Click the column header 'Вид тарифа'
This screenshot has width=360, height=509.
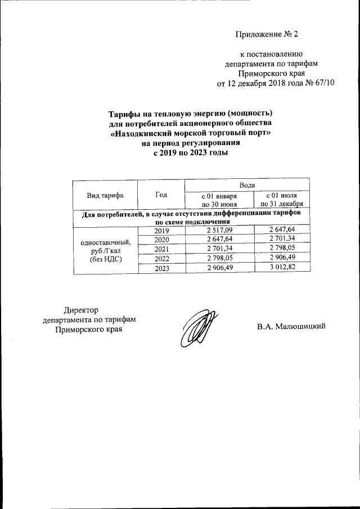click(105, 195)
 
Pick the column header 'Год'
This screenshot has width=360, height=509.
click(161, 195)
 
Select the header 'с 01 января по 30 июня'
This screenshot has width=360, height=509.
click(220, 200)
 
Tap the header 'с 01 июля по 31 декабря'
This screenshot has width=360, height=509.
click(282, 200)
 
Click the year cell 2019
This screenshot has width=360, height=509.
click(161, 231)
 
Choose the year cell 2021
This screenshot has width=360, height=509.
click(161, 249)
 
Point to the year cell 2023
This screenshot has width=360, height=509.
click(161, 268)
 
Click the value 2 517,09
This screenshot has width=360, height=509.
click(220, 231)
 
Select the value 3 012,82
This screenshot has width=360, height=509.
click(282, 268)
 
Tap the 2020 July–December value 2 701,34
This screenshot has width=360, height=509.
click(282, 240)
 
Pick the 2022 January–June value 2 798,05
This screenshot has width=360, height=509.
click(220, 259)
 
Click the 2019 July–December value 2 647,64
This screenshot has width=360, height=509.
click(282, 231)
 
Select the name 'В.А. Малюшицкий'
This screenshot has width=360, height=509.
click(292, 327)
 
